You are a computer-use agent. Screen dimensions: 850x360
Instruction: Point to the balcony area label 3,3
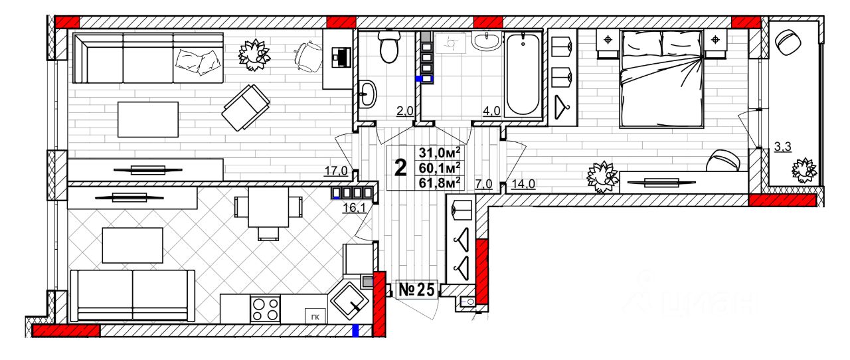click(783, 147)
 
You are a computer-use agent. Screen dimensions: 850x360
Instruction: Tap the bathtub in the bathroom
click(523, 74)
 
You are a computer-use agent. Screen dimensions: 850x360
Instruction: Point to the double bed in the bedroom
click(661, 78)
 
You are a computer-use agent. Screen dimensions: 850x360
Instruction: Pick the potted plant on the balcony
click(805, 171)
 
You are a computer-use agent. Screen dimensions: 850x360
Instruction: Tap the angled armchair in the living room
click(246, 106)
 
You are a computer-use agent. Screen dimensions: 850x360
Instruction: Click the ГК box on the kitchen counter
click(314, 317)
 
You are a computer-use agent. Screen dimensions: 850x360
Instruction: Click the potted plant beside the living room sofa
click(254, 53)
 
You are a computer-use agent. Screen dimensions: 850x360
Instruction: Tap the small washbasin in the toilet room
click(367, 94)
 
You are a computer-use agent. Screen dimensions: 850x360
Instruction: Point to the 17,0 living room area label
click(336, 171)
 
